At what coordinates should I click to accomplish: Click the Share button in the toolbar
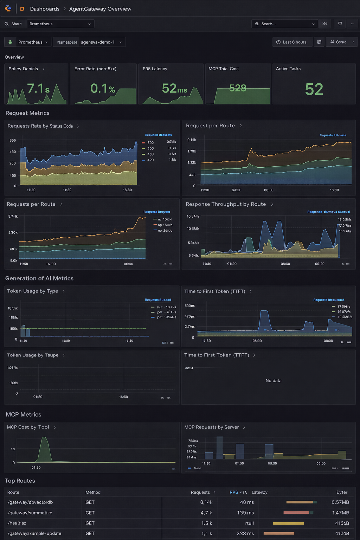(13, 24)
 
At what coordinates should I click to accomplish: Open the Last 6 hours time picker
(292, 42)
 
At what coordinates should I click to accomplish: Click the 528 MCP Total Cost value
(238, 88)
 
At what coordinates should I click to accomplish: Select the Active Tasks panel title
(288, 69)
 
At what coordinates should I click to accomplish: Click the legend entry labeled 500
(150, 143)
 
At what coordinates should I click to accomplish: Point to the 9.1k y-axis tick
(192, 140)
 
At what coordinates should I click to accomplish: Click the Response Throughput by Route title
(226, 204)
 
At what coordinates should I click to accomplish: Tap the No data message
(273, 381)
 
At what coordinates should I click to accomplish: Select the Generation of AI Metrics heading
(39, 278)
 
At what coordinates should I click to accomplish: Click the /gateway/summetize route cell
(30, 513)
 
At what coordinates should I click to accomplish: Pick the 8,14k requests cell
(206, 502)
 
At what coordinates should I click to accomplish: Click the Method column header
(93, 493)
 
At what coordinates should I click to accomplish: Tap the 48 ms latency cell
(247, 502)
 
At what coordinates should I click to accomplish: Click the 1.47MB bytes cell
(340, 513)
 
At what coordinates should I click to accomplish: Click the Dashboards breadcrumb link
(45, 9)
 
